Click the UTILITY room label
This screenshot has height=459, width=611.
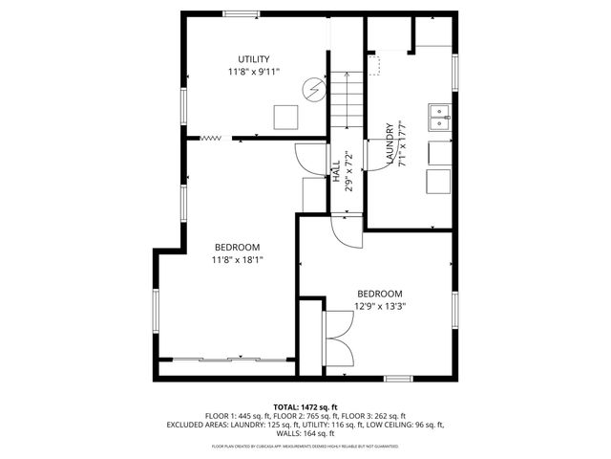(x=253, y=59)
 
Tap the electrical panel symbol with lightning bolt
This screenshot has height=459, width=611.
(x=312, y=90)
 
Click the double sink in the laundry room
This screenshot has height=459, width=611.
(x=440, y=118)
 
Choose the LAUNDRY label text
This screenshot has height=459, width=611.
(x=390, y=144)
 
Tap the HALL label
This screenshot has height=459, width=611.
(x=337, y=169)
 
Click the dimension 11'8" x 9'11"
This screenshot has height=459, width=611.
(x=253, y=73)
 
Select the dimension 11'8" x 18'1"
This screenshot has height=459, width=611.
(x=237, y=259)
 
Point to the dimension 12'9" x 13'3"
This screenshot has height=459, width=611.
(x=379, y=307)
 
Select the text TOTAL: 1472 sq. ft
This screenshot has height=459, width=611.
(x=305, y=406)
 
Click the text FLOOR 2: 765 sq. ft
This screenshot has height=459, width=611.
(x=309, y=416)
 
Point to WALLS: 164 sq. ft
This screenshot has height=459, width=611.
(x=305, y=433)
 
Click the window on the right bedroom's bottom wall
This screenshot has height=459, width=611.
(x=398, y=379)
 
